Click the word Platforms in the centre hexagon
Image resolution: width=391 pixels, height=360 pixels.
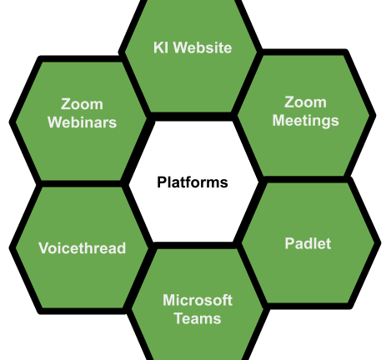(193, 182)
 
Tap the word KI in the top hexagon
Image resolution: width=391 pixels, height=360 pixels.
(160, 47)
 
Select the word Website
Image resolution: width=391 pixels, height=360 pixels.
(203, 47)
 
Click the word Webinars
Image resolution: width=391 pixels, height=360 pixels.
(82, 122)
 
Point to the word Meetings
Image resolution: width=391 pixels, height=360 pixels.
(305, 121)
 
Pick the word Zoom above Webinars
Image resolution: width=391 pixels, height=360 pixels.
(82, 104)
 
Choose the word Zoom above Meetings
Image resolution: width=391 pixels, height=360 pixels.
(305, 102)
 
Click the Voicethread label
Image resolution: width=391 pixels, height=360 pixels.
(83, 248)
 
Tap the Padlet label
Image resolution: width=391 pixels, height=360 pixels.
(308, 243)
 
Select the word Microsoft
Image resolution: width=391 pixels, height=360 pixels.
(198, 300)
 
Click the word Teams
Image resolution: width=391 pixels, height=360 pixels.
(198, 318)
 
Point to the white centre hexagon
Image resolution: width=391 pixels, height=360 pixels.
(193, 211)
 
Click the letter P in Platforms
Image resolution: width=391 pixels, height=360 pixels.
(162, 182)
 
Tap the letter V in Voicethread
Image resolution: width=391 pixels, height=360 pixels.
(44, 248)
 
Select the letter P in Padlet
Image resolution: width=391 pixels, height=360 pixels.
(290, 243)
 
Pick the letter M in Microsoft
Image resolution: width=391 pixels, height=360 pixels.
(169, 300)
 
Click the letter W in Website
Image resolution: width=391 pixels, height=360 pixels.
(181, 47)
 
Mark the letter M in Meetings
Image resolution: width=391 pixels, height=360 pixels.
(278, 120)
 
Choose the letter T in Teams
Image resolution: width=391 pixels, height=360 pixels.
(179, 318)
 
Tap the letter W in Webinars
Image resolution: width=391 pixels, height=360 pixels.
(56, 122)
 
